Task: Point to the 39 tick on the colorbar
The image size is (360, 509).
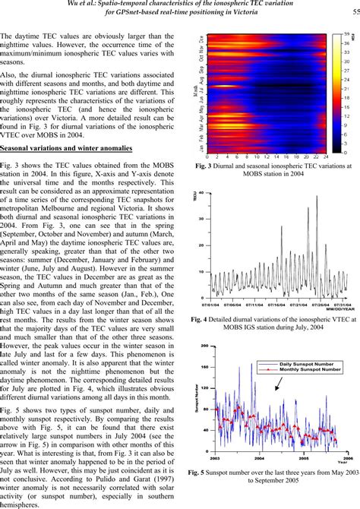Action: [x=346, y=34]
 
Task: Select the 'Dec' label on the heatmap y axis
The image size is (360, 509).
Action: [x=201, y=39]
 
